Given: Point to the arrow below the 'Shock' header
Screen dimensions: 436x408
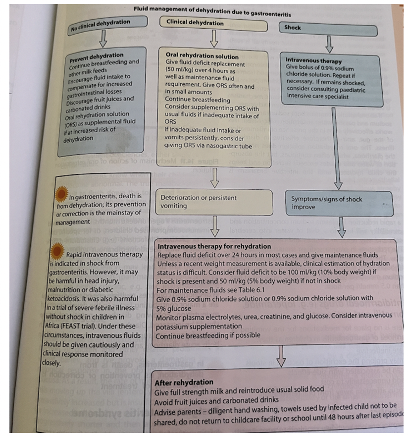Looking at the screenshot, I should [x=329, y=45].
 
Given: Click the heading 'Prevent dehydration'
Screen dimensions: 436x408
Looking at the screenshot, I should [x=97, y=55].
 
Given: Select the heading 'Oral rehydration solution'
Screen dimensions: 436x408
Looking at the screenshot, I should [x=202, y=56].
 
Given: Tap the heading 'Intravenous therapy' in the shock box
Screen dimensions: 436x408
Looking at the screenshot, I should [x=313, y=60].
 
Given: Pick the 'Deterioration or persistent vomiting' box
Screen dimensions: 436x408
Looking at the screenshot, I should [x=214, y=202].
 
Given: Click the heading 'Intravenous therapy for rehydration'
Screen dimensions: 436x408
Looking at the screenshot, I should [x=214, y=246].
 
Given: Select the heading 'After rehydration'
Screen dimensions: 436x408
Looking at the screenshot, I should [x=184, y=382].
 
